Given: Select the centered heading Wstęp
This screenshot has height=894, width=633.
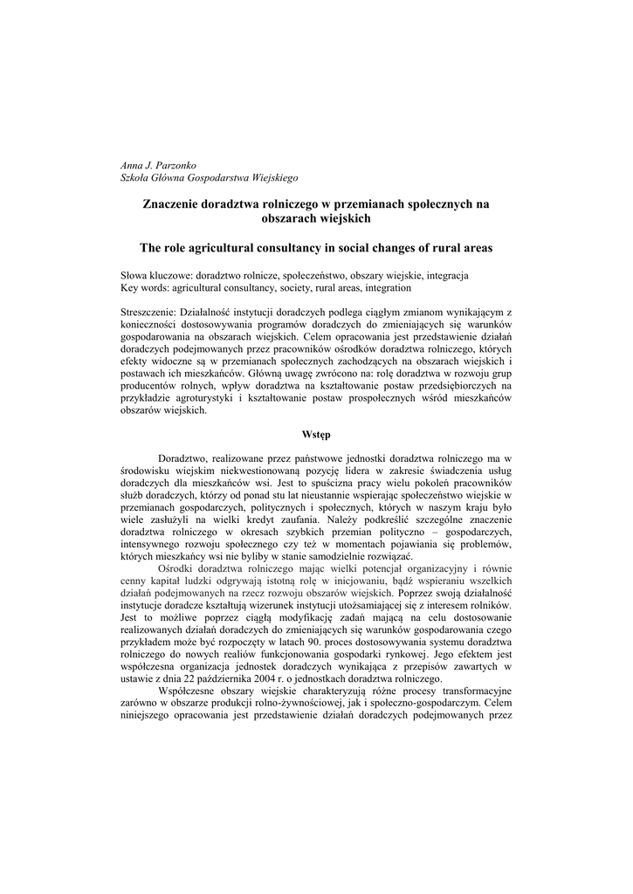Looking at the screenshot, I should [x=316, y=434].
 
